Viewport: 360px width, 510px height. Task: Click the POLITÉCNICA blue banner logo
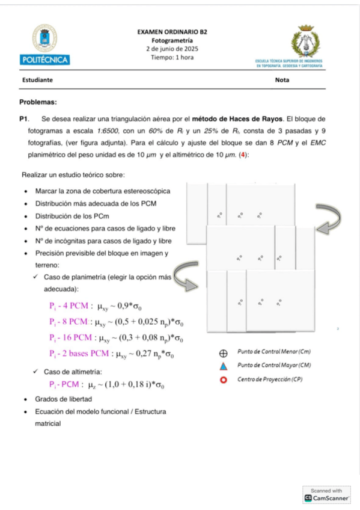pos(44,60)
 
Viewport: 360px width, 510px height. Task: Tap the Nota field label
pos(282,80)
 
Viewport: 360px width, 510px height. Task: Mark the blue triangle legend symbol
pos(223,366)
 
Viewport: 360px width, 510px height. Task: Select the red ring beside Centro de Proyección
pos(223,379)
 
